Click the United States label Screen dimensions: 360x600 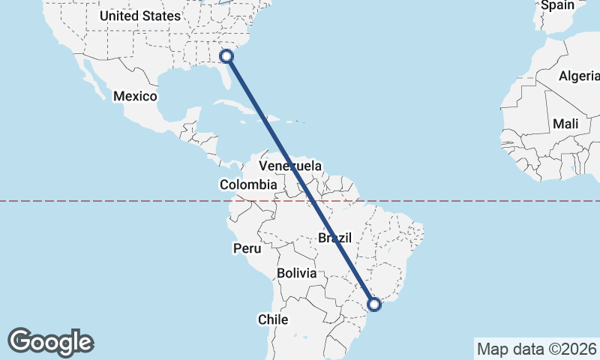[x=140, y=15]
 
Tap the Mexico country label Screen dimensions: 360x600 [x=135, y=96]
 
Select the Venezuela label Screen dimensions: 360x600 [x=290, y=166]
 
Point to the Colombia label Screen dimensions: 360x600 [x=248, y=184]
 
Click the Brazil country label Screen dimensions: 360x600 [x=334, y=238]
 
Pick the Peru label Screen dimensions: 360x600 [x=247, y=248]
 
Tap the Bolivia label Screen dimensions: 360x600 [x=297, y=273]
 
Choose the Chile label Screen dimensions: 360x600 [x=273, y=319]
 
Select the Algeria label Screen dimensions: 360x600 [x=579, y=76]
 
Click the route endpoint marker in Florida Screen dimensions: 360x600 [x=227, y=55]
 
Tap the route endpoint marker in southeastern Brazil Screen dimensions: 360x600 [x=375, y=304]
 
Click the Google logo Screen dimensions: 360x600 [x=50, y=341]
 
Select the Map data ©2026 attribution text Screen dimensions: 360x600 [x=536, y=349]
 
